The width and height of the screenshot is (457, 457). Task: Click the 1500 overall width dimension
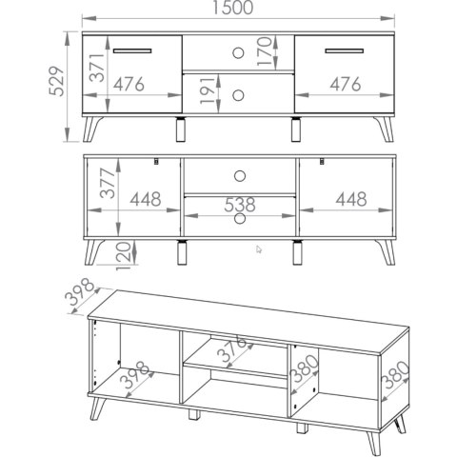[232, 8]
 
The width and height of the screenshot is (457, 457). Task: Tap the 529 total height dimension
[57, 81]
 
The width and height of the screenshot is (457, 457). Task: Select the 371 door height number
[97, 68]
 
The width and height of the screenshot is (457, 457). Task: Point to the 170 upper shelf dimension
[265, 51]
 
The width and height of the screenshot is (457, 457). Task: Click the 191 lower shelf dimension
[208, 90]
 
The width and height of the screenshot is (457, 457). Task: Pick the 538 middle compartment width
[240, 205]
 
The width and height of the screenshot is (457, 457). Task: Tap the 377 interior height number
[107, 184]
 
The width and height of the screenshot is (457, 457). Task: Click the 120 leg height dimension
[124, 256]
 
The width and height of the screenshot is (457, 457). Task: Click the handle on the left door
[132, 50]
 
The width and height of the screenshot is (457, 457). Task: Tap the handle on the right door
[345, 50]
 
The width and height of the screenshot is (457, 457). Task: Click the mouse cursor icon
[259, 249]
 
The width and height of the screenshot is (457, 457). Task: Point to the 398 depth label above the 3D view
[79, 291]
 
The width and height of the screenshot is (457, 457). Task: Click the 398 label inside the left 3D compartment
[136, 374]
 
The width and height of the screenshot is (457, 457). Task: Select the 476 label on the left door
[129, 84]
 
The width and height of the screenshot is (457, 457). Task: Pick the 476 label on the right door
[346, 84]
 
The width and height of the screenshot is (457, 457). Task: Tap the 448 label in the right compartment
[351, 199]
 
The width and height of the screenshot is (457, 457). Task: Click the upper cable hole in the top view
[238, 53]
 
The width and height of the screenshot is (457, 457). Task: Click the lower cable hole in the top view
[238, 95]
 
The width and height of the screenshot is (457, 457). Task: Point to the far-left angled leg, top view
[91, 129]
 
